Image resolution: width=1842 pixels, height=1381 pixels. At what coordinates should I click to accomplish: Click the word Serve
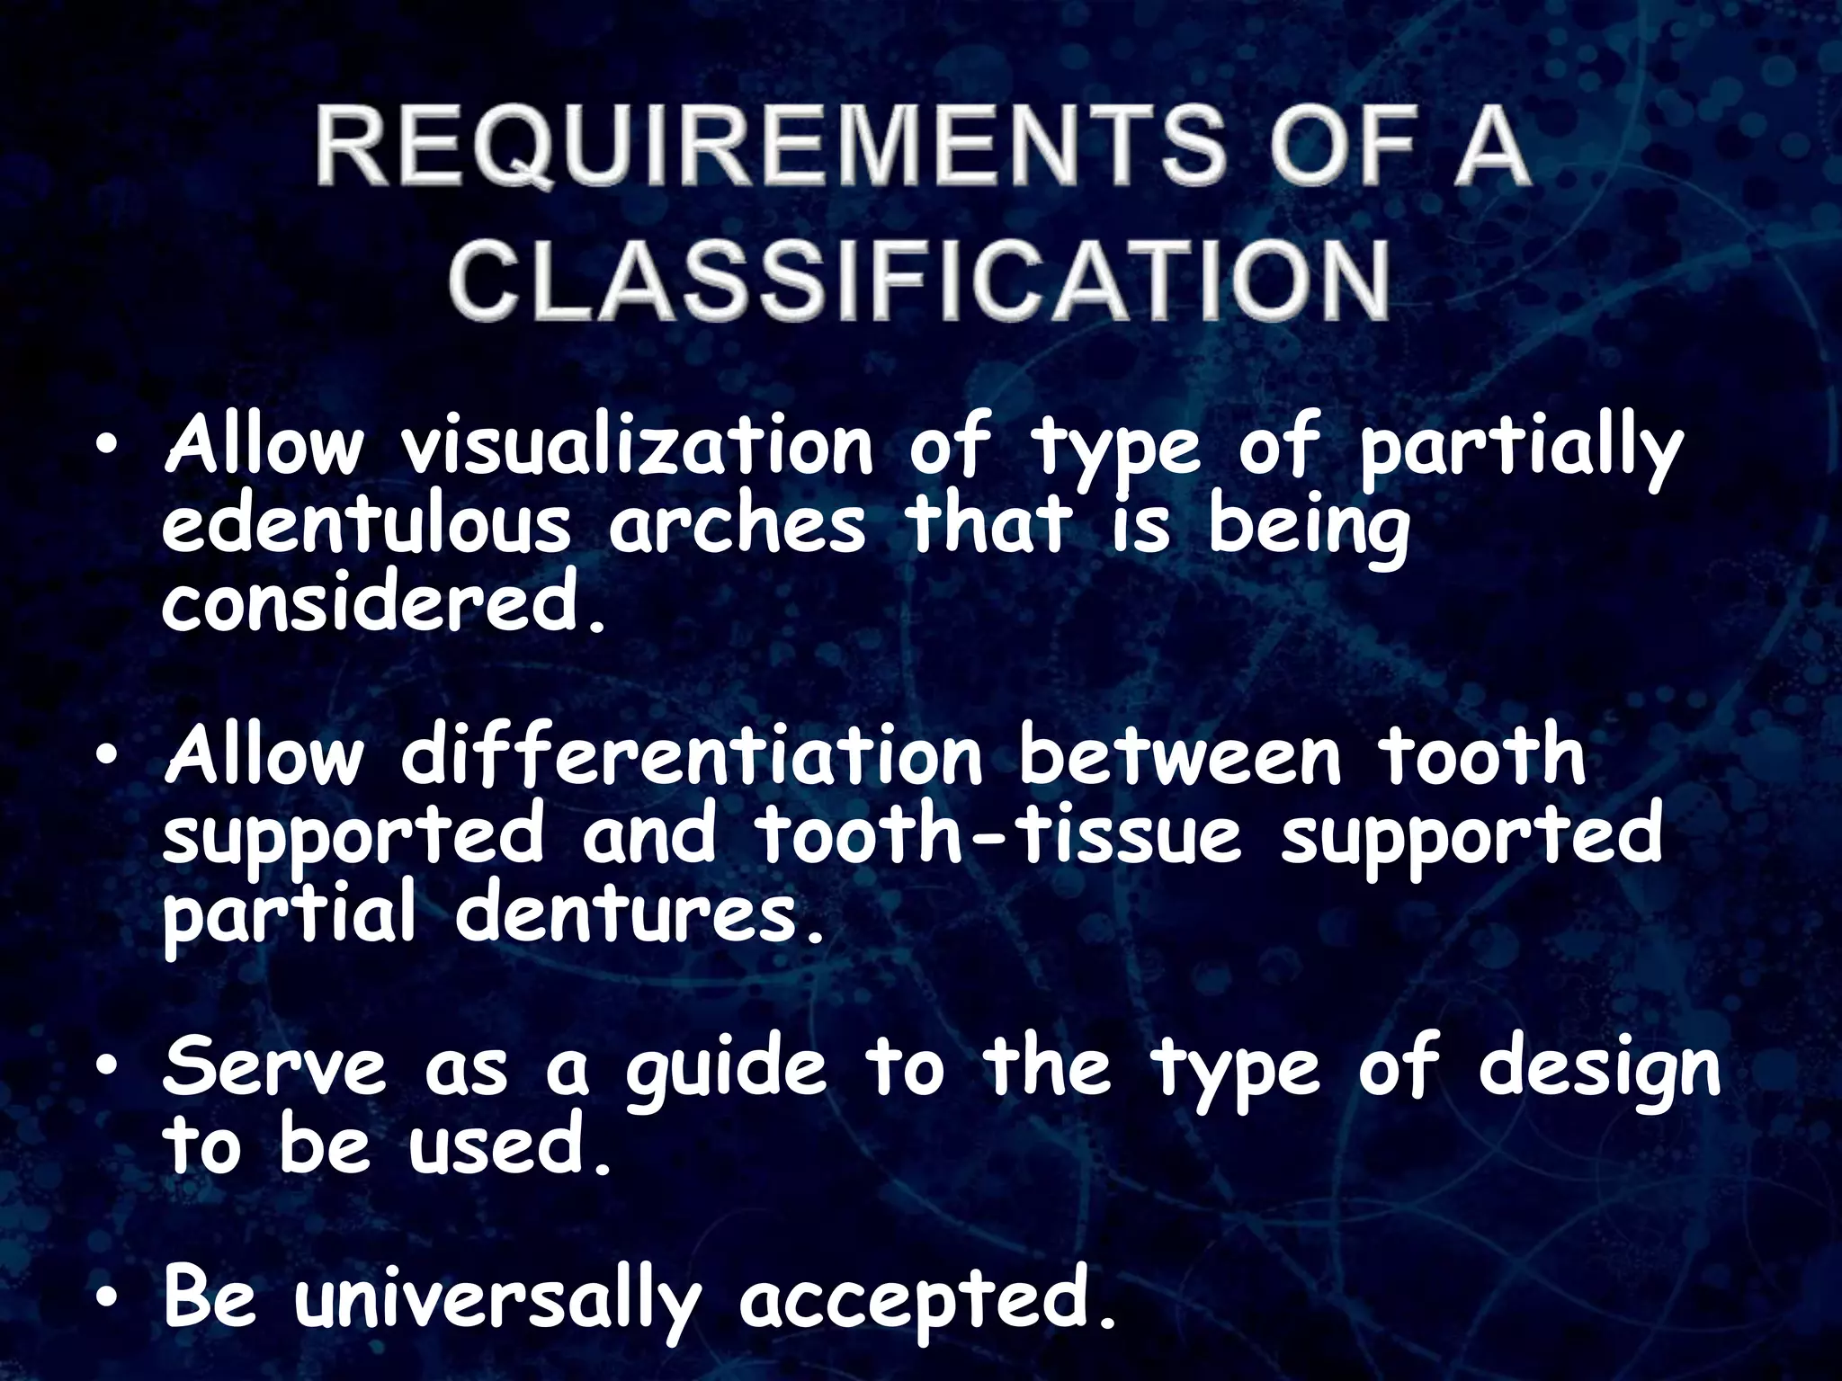pyautogui.click(x=275, y=1068)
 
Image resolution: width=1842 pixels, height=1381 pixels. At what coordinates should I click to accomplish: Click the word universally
pyautogui.click(x=497, y=1301)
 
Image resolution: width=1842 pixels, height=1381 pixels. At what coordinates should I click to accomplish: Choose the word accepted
pyautogui.click(x=927, y=1301)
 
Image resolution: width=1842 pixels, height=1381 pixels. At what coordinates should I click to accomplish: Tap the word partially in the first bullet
pyautogui.click(x=1520, y=450)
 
